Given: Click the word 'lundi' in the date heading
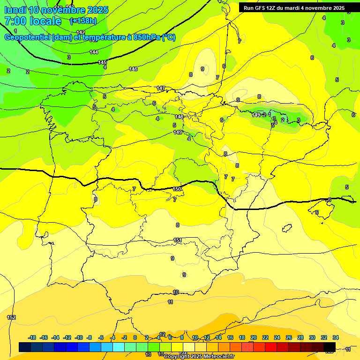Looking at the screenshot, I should coord(15,10).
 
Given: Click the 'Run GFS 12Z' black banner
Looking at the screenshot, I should coord(294,8).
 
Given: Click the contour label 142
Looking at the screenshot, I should coord(81,32).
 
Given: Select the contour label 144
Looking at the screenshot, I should coord(94,52).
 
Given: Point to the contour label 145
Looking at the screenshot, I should coord(103,62).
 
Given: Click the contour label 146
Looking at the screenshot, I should coord(133,69).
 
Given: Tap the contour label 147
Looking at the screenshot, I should coord(161,88).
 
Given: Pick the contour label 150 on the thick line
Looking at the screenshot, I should coord(177,189).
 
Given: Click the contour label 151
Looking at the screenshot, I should coord(178,240).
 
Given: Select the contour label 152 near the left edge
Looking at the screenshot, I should coord(11,317).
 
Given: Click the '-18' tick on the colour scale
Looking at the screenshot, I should coord(32,337).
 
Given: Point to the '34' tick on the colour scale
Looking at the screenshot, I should coord(336,337).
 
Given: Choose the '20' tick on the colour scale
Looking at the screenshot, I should coord(254,337).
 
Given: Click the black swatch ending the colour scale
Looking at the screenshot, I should coord(329,347).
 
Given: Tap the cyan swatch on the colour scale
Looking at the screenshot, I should coord(119,347).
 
